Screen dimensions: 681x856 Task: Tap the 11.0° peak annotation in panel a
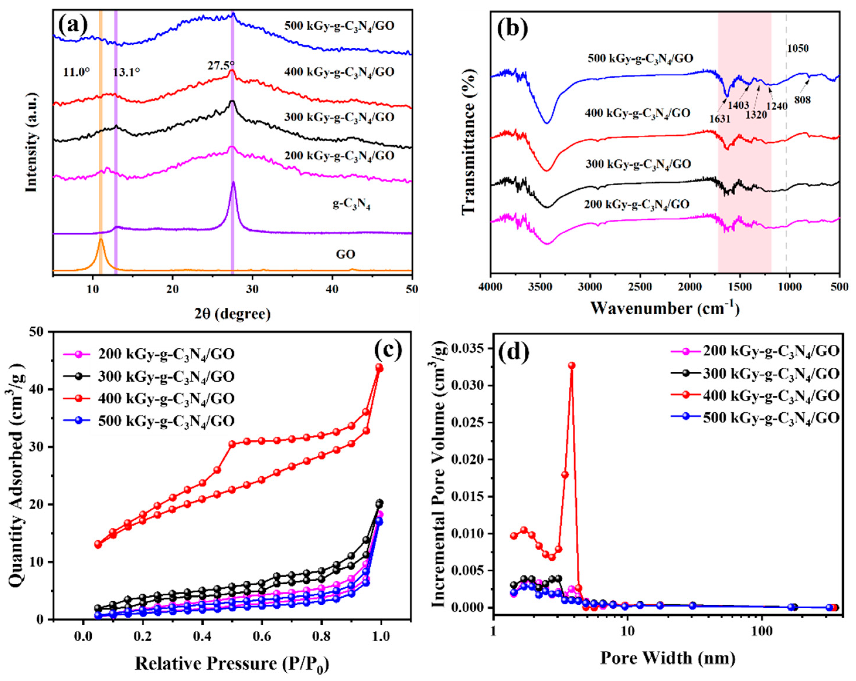coord(76,72)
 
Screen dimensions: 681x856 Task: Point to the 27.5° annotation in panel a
coord(221,65)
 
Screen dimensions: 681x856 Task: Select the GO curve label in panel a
coord(345,254)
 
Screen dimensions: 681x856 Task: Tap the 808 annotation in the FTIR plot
coord(802,100)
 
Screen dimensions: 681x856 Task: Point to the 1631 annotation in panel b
coord(720,118)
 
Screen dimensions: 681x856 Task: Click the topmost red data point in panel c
coord(380,367)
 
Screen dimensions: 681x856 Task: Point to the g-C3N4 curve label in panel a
coord(351,206)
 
